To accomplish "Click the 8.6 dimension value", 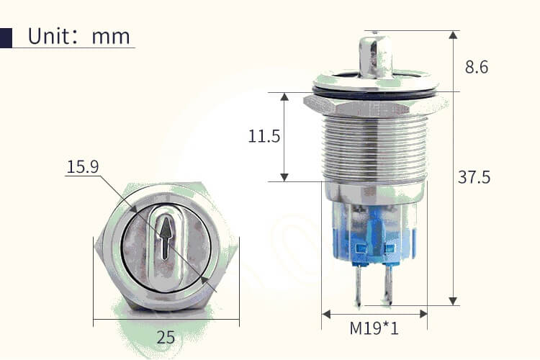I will (477, 67).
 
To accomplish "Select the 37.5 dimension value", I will (474, 177).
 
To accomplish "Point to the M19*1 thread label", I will (374, 329).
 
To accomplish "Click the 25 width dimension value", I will (166, 337).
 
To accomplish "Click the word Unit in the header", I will (49, 37).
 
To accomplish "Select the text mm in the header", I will (111, 37).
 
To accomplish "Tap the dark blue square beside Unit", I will (6, 37).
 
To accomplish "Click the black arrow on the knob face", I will (166, 238).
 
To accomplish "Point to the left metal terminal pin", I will (357, 284).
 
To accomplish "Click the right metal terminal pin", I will (389, 284).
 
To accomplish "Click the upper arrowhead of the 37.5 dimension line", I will (453, 35).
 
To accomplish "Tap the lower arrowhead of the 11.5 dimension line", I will (284, 176).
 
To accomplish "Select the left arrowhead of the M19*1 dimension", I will (326, 314).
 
